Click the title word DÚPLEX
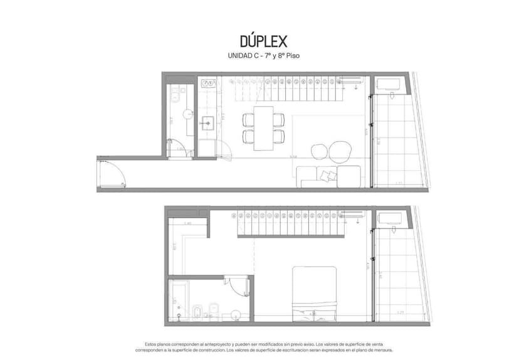tap(263, 41)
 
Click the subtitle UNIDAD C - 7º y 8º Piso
tap(263, 56)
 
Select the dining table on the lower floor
tap(263, 127)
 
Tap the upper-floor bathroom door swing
tap(238, 285)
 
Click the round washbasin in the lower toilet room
tap(189, 114)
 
